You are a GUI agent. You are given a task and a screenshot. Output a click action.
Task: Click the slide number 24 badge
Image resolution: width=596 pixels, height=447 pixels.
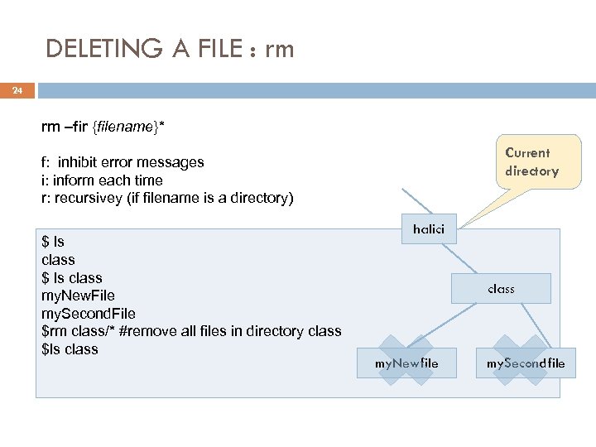pos(17,90)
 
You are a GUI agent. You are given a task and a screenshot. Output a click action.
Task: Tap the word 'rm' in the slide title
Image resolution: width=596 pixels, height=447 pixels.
pos(279,50)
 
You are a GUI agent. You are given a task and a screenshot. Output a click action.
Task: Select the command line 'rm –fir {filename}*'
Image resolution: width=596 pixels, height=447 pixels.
pos(103,127)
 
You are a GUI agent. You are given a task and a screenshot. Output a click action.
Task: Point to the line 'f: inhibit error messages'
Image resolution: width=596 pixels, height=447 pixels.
pos(123,162)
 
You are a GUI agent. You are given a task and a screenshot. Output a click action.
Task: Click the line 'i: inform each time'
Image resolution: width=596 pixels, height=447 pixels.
pos(102,180)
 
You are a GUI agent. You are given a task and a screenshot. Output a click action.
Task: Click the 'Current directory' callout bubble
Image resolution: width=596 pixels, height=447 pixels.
pos(531,162)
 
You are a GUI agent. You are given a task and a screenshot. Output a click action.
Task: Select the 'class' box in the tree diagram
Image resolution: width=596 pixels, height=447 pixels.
pos(501,289)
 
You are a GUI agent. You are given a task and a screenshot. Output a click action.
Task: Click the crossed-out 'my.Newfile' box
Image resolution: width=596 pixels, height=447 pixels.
pos(406,363)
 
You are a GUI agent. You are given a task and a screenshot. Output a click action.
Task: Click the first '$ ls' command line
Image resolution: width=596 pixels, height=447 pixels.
pos(53,242)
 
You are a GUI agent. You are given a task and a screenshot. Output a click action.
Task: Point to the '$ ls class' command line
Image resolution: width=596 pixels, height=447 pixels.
pos(72,278)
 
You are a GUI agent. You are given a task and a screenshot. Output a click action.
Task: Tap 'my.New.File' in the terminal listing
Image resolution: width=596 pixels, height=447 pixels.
pos(78,296)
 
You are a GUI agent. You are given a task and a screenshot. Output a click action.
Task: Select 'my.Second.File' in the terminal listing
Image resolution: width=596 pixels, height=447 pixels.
pos(88,314)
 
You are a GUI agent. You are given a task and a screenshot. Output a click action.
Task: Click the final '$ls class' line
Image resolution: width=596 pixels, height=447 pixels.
pos(70,349)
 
